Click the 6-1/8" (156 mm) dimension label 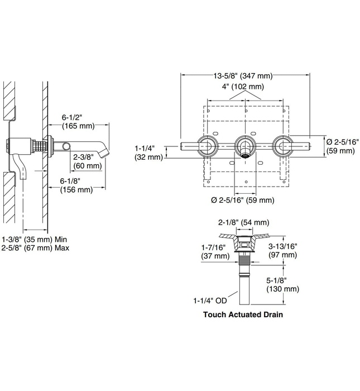[x=76, y=185]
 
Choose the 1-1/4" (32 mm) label [x=148, y=152]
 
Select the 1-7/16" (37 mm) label [x=214, y=251]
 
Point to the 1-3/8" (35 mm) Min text [x=35, y=237]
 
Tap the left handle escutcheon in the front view [x=207, y=147]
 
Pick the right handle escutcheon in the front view [x=281, y=147]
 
